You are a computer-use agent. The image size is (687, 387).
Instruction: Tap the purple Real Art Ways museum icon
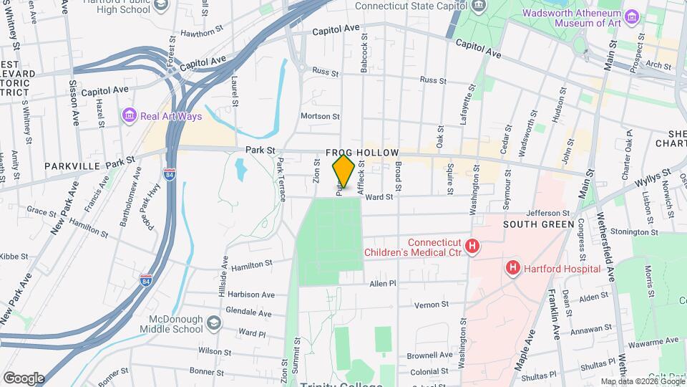[x=129, y=115]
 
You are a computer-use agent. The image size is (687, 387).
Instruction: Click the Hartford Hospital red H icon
[x=512, y=269]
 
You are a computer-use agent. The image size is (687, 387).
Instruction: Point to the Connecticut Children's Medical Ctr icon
[x=472, y=247]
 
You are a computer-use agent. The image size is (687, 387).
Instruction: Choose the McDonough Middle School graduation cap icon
[x=213, y=324]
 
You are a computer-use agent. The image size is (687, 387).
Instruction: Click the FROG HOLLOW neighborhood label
[x=358, y=153]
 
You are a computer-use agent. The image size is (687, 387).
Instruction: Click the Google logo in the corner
[x=24, y=378]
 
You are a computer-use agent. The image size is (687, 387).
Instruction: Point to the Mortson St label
[x=320, y=116]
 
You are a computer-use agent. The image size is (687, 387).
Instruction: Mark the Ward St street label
[x=379, y=196]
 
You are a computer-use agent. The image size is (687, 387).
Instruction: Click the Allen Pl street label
[x=383, y=285]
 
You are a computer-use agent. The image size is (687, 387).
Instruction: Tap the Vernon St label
[x=431, y=305]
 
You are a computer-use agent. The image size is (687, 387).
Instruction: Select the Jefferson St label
[x=547, y=213]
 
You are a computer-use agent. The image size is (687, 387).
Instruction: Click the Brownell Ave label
[x=430, y=355]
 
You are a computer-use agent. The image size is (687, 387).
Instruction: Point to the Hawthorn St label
[x=198, y=32]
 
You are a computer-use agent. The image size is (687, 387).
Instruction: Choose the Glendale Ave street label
[x=248, y=313]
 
